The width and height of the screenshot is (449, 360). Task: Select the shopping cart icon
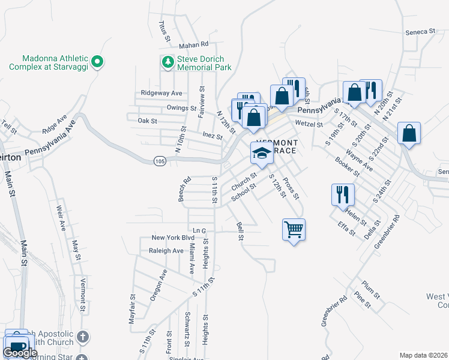tap(294, 229)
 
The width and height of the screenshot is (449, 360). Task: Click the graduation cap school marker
tap(261, 153)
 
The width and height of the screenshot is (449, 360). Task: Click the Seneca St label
tap(420, 31)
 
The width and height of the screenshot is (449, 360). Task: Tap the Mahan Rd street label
tap(193, 44)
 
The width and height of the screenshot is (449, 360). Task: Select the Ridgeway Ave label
tap(161, 93)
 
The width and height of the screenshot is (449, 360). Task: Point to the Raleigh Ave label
tap(166, 251)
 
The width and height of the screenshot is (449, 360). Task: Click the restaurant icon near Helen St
tap(343, 194)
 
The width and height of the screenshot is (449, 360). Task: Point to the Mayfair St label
tap(132, 309)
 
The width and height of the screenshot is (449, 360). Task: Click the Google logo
tap(20, 353)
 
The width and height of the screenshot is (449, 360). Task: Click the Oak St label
tap(147, 121)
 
